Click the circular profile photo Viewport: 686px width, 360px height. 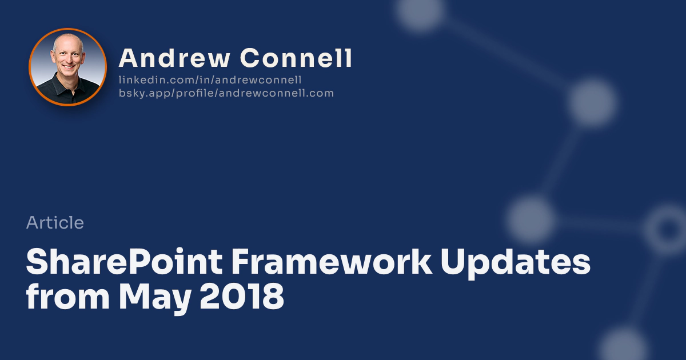(x=67, y=67)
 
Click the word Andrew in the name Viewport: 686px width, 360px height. (x=174, y=58)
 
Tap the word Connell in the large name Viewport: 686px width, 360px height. (x=296, y=58)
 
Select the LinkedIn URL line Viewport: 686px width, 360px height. (x=210, y=80)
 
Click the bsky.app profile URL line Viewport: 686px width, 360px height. (x=226, y=93)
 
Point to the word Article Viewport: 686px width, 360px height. (x=55, y=222)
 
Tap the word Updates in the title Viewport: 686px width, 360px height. (x=516, y=263)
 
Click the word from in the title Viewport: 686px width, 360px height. (x=67, y=296)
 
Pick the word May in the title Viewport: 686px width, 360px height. (x=155, y=298)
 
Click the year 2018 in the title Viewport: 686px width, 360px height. (x=242, y=297)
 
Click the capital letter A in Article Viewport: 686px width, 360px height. (x=33, y=222)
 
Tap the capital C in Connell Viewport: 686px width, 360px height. (x=249, y=58)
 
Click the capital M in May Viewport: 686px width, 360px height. (x=134, y=297)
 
